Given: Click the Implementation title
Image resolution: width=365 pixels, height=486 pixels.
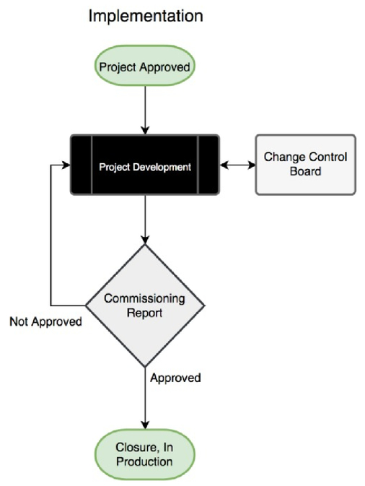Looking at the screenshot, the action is pyautogui.click(x=146, y=17).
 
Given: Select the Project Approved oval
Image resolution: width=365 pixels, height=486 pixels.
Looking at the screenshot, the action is pyautogui.click(x=145, y=66).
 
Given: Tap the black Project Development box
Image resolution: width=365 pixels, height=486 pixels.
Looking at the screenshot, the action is pyautogui.click(x=145, y=165).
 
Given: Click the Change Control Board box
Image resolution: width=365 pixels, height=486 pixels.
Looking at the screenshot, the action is pyautogui.click(x=306, y=165).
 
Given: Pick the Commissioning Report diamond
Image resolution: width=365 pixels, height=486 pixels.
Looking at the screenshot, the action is pyautogui.click(x=145, y=305).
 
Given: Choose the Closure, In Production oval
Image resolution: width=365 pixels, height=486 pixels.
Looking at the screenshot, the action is pyautogui.click(x=145, y=454).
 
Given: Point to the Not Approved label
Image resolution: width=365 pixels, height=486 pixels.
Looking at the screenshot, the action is pyautogui.click(x=46, y=322).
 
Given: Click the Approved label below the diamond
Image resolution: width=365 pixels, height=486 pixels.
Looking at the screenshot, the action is pyautogui.click(x=175, y=378).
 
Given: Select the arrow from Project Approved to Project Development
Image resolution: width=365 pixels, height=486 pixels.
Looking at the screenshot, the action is pyautogui.click(x=145, y=110).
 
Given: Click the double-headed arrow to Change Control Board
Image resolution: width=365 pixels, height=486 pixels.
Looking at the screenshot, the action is pyautogui.click(x=237, y=165).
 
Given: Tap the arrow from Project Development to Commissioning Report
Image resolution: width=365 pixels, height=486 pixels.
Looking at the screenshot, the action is pyautogui.click(x=145, y=220).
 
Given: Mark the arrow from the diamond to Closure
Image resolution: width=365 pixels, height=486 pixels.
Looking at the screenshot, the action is pyautogui.click(x=145, y=399).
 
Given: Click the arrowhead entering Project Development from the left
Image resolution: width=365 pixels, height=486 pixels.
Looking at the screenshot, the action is pyautogui.click(x=66, y=165).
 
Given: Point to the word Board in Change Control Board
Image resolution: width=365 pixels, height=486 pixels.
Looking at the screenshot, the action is pyautogui.click(x=306, y=171).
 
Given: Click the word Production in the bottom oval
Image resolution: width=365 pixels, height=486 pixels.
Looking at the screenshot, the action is pyautogui.click(x=144, y=461).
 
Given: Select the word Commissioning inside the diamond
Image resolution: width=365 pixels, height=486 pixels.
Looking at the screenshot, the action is pyautogui.click(x=144, y=298).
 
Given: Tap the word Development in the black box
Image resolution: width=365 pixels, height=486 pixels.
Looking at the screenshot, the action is pyautogui.click(x=162, y=168).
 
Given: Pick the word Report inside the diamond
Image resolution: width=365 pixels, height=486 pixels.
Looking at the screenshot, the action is pyautogui.click(x=144, y=313).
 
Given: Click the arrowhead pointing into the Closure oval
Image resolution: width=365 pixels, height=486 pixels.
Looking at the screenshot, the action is pyautogui.click(x=145, y=425).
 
